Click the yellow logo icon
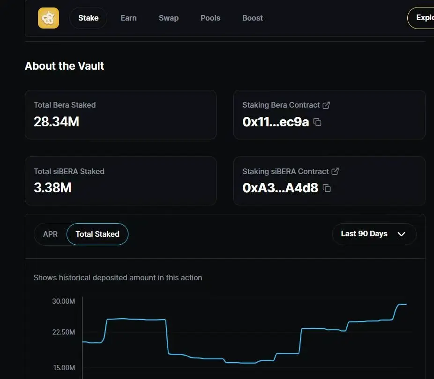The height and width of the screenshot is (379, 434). (x=48, y=18)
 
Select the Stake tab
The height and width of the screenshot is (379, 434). (x=88, y=18)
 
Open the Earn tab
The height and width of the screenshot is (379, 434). (x=128, y=18)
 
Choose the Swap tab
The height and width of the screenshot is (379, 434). (x=169, y=18)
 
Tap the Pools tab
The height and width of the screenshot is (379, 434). (x=210, y=18)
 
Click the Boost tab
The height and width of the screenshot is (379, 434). (x=253, y=18)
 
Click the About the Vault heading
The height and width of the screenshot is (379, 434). (x=65, y=66)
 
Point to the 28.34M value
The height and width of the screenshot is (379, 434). (x=56, y=122)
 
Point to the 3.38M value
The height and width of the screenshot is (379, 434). (x=52, y=188)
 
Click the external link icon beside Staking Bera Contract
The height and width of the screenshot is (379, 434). (x=327, y=105)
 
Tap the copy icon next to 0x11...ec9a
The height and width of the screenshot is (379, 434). (x=317, y=123)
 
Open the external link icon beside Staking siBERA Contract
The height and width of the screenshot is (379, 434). (x=335, y=171)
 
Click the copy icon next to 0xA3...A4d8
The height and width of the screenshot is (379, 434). (x=327, y=189)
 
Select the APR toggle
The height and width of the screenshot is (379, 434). (x=50, y=234)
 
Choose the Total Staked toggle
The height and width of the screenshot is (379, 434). (x=97, y=234)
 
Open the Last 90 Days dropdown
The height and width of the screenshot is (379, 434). (x=374, y=234)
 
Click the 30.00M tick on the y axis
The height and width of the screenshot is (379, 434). (x=63, y=301)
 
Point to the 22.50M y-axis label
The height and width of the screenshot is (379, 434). (x=63, y=332)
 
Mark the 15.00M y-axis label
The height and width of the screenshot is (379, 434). (x=63, y=368)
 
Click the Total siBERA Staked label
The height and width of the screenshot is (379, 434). (x=69, y=171)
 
